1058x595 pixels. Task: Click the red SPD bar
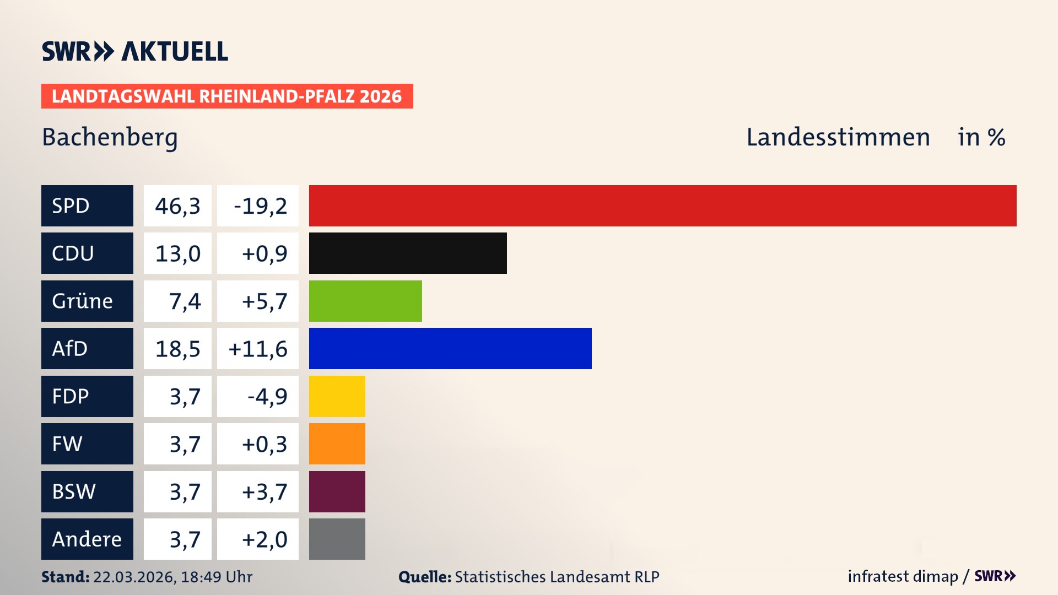tap(662, 205)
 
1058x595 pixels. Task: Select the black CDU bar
tap(408, 253)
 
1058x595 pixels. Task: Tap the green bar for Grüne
tap(365, 301)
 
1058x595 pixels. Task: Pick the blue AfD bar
tap(450, 348)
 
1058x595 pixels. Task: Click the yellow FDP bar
tap(337, 396)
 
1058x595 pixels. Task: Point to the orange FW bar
tap(337, 443)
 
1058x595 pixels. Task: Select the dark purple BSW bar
tap(337, 491)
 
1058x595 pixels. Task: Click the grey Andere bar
tap(337, 539)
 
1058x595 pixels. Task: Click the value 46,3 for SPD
tap(177, 205)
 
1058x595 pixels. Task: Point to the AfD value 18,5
tap(177, 348)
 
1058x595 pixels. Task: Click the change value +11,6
tap(258, 348)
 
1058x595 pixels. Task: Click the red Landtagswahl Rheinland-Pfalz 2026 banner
tap(227, 96)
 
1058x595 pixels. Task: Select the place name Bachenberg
tap(110, 137)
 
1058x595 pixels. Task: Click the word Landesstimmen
tap(838, 137)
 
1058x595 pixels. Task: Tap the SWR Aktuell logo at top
tap(135, 51)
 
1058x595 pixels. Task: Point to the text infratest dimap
tap(903, 576)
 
